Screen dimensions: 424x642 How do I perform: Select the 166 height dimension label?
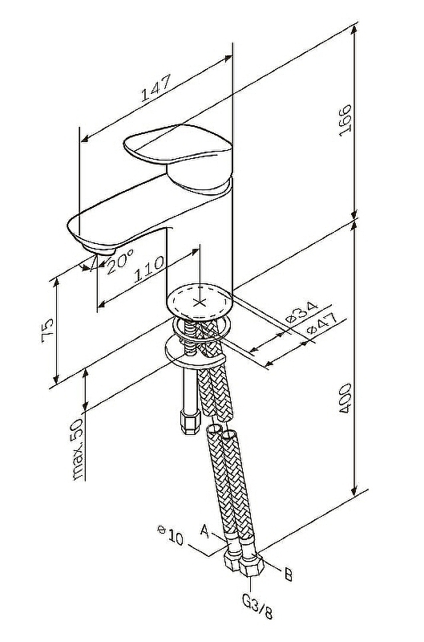[345, 120]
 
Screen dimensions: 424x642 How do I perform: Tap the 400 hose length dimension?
[345, 398]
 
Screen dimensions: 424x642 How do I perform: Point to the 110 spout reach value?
[149, 268]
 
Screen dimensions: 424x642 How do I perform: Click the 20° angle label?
[119, 262]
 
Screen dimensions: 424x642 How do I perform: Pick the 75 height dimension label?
[47, 327]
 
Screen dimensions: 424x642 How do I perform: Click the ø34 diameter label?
[302, 312]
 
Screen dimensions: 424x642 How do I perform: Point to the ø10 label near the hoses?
[171, 535]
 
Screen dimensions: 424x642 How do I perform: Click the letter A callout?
[205, 531]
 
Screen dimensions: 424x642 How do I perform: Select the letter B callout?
[289, 575]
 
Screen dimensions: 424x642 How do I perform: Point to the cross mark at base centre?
[200, 303]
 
